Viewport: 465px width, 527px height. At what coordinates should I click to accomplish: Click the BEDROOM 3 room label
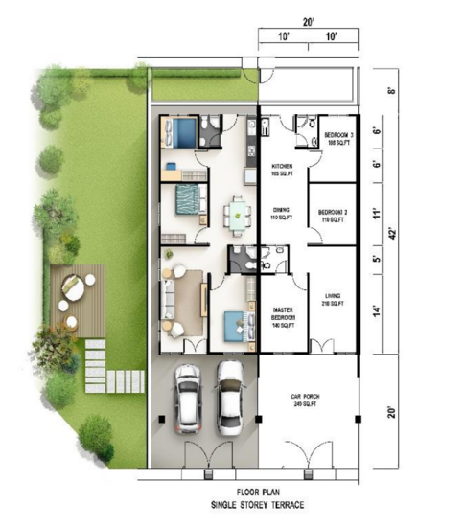[x=337, y=135]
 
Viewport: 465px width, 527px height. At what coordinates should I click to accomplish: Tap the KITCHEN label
[x=281, y=165]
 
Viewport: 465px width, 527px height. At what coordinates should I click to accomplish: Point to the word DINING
[x=281, y=209]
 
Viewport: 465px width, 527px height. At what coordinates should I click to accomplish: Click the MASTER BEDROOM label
[x=282, y=312]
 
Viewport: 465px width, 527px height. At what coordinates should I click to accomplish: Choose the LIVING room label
[x=332, y=296]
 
